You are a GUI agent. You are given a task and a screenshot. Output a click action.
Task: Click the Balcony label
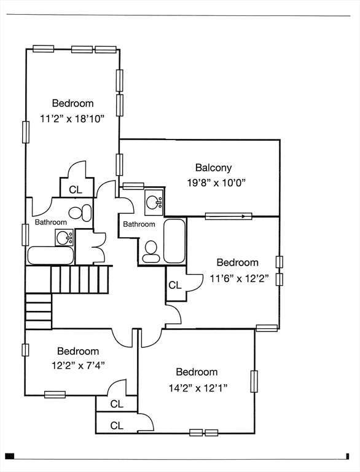click(x=213, y=168)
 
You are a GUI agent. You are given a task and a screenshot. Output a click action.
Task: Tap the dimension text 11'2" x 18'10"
click(x=72, y=119)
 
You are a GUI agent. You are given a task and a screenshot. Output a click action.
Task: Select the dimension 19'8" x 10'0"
click(x=217, y=183)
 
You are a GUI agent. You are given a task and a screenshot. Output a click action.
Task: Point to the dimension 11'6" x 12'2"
click(x=239, y=278)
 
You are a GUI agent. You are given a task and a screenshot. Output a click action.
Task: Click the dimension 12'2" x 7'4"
click(x=78, y=366)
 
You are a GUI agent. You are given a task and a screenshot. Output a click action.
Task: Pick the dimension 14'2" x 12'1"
click(x=198, y=388)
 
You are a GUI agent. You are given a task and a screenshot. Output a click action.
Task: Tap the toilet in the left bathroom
click(x=80, y=212)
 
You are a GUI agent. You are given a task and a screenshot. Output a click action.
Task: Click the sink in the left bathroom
click(x=64, y=237)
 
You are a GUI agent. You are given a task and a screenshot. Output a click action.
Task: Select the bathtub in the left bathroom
click(x=50, y=256)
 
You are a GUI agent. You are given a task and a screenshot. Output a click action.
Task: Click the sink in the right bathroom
click(x=154, y=203)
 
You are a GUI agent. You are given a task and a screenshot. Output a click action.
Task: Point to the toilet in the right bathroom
click(x=151, y=252)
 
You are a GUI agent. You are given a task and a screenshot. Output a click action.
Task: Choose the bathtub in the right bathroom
click(x=174, y=241)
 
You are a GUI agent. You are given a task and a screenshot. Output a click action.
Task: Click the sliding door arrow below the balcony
click(x=229, y=216)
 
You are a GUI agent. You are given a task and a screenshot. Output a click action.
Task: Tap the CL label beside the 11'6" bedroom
click(x=175, y=285)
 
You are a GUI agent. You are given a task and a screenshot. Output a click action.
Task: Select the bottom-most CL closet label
click(x=117, y=426)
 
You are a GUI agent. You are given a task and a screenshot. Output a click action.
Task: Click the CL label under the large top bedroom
click(x=76, y=190)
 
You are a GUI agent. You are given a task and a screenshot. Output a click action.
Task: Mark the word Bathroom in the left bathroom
click(x=51, y=222)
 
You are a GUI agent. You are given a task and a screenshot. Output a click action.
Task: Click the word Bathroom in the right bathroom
click(x=139, y=224)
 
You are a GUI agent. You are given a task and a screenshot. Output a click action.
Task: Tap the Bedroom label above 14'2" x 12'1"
click(x=197, y=372)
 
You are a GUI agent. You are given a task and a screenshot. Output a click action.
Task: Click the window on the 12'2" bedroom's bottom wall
click(x=55, y=395)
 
